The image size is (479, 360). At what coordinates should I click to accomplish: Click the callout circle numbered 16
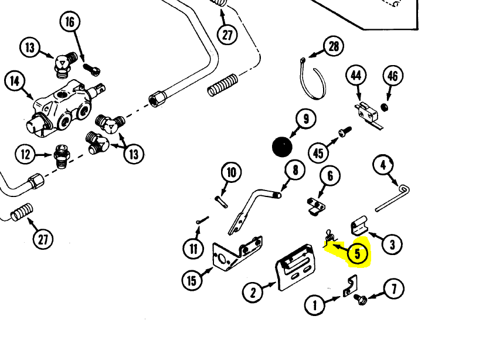pyautogui.click(x=70, y=22)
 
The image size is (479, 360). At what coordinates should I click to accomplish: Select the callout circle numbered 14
pyautogui.click(x=15, y=81)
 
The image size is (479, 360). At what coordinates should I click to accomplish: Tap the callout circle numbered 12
pyautogui.click(x=25, y=155)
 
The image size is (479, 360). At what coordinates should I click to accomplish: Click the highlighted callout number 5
pyautogui.click(x=357, y=254)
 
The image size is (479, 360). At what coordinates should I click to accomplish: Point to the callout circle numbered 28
pyautogui.click(x=334, y=46)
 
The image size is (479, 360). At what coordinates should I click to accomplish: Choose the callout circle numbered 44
pyautogui.click(x=356, y=76)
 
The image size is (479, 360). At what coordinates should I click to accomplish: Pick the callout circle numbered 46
pyautogui.click(x=392, y=76)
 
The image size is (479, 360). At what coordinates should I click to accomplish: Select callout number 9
pyautogui.click(x=305, y=119)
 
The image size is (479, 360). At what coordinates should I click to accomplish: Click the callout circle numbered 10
pyautogui.click(x=232, y=172)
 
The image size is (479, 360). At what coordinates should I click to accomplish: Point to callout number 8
pyautogui.click(x=295, y=170)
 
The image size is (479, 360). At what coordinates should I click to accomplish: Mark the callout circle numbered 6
pyautogui.click(x=330, y=175)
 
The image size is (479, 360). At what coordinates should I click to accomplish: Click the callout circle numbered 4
pyautogui.click(x=383, y=165)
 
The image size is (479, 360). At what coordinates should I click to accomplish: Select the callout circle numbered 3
pyautogui.click(x=392, y=243)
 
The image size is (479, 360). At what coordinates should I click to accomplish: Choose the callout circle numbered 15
pyautogui.click(x=192, y=280)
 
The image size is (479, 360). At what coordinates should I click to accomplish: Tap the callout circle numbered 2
pyautogui.click(x=253, y=291)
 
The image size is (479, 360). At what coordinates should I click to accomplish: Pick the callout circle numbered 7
pyautogui.click(x=394, y=289)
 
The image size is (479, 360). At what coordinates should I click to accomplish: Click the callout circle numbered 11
pyautogui.click(x=193, y=248)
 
